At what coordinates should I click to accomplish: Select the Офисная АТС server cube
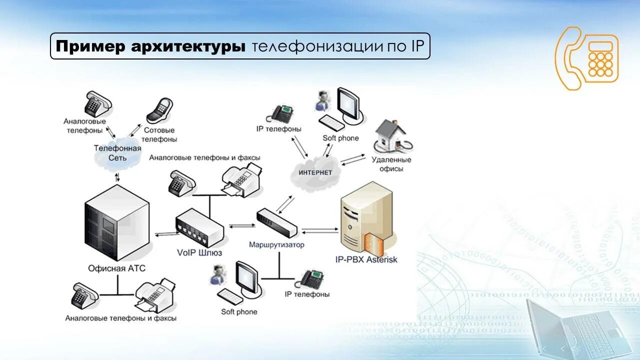click(x=117, y=222)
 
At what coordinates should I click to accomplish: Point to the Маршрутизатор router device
click(x=276, y=223)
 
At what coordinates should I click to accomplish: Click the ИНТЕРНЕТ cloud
click(x=315, y=171)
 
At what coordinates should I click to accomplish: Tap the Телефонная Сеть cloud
click(x=118, y=153)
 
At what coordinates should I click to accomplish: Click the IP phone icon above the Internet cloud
click(x=280, y=113)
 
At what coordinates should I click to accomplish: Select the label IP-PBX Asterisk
click(x=366, y=259)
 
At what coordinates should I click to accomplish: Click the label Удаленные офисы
click(x=391, y=164)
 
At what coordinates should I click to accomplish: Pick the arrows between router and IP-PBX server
click(x=320, y=230)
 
